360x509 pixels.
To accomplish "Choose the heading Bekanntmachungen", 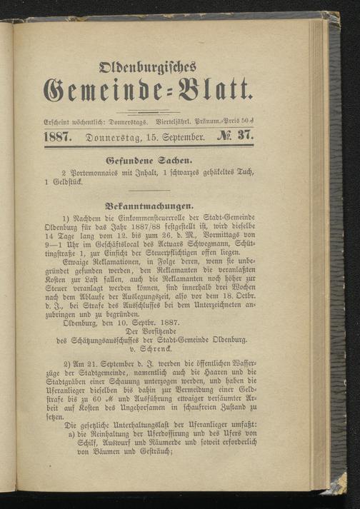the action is coord(153,203).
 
